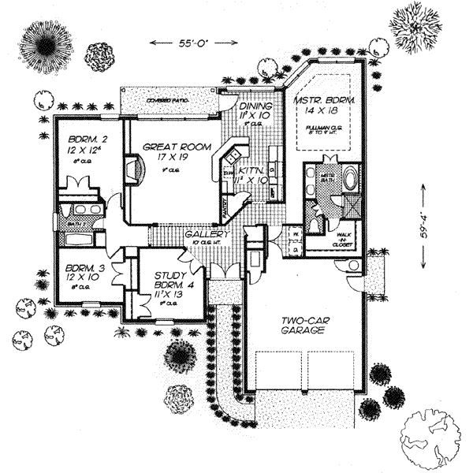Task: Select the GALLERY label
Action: tap(207, 235)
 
